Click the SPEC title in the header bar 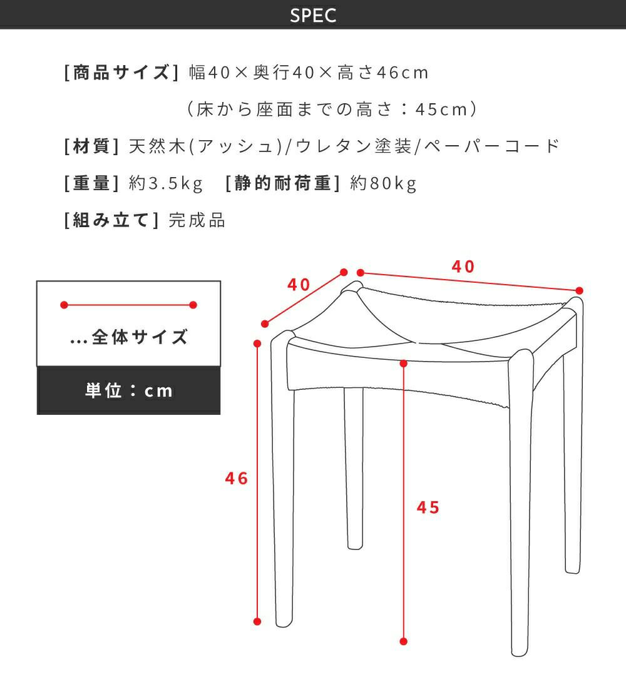(x=313, y=15)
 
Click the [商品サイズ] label (x=121, y=72)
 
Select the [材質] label (x=91, y=146)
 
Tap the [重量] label (x=91, y=183)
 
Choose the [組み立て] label (x=111, y=220)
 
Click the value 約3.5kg (x=166, y=183)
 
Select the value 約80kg (x=383, y=183)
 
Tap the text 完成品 (x=197, y=220)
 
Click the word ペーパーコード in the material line (x=491, y=146)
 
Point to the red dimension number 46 (x=236, y=479)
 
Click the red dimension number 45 (x=428, y=507)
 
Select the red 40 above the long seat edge (x=463, y=267)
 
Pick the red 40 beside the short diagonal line (x=299, y=285)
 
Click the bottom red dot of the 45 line (x=403, y=641)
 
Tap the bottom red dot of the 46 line (x=257, y=621)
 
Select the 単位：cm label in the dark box (x=129, y=390)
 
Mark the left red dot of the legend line (x=64, y=305)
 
